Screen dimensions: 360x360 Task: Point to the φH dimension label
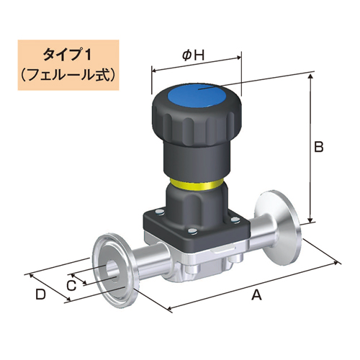(191, 55)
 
